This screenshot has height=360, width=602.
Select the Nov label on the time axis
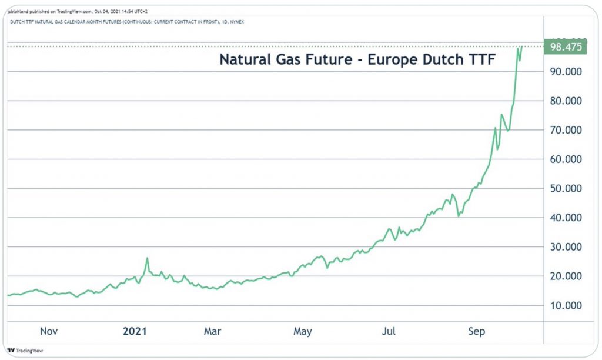pyautogui.click(x=49, y=332)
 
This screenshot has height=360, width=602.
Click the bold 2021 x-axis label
pyautogui.click(x=135, y=332)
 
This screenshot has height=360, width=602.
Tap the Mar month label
pyautogui.click(x=212, y=332)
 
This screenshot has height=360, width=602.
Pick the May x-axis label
pyautogui.click(x=302, y=332)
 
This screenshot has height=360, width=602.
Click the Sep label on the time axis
pyautogui.click(x=477, y=332)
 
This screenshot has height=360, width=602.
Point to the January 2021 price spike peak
pyautogui.click(x=147, y=258)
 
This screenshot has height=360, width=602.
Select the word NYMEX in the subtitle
pyautogui.click(x=236, y=22)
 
